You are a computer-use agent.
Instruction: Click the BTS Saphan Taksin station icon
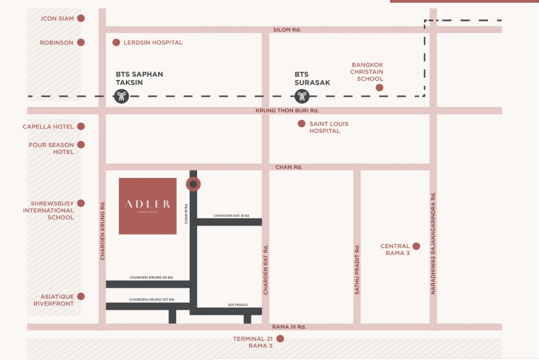[x=122, y=97]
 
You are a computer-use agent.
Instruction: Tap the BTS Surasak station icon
[x=302, y=97]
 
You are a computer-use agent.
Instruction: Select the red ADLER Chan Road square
[x=147, y=206]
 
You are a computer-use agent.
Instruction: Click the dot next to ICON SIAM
[x=81, y=18]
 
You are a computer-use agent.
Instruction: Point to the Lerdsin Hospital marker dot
[x=116, y=42]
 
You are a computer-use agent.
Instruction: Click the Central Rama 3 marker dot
[x=416, y=246]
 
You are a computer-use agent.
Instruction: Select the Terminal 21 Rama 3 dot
[x=280, y=339]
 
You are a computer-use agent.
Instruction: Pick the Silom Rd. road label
[x=287, y=30]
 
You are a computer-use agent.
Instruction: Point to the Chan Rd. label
[x=289, y=167]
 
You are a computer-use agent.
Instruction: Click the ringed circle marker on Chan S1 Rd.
[x=193, y=184]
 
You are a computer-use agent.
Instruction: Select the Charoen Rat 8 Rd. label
[x=232, y=216]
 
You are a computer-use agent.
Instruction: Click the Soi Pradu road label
[x=238, y=305]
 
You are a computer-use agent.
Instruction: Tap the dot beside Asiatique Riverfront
[x=81, y=296]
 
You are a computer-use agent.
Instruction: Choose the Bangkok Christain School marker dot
[x=379, y=88]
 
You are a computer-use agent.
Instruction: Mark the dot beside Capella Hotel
[x=81, y=126]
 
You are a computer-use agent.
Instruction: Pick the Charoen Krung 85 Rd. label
[x=151, y=277]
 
